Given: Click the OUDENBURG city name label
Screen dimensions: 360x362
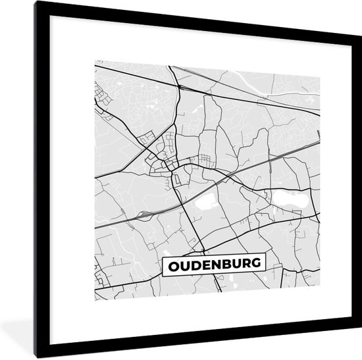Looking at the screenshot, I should point(213,265).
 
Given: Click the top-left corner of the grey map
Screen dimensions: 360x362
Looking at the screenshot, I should point(95,61).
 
